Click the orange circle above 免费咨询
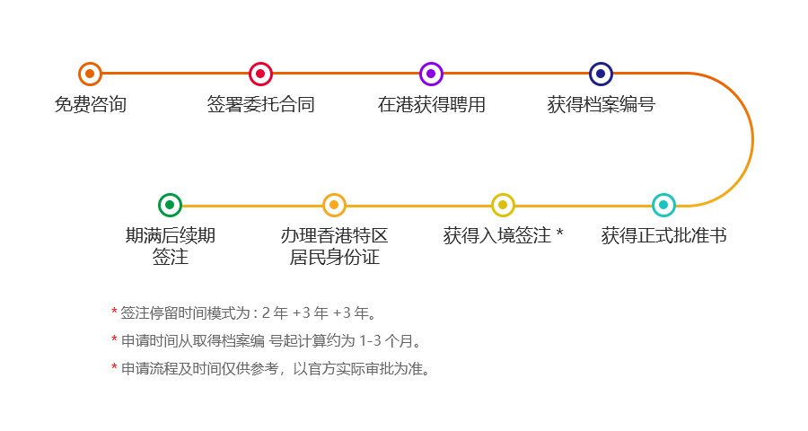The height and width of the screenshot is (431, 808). pos(90,74)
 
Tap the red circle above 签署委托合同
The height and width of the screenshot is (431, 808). pos(260,74)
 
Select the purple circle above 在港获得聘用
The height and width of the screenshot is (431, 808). pos(431,74)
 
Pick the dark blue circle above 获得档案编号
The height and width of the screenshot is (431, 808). pos(601,74)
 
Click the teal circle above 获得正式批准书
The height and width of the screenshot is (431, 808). pos(663,206)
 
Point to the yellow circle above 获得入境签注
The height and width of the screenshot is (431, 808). pos(503,206)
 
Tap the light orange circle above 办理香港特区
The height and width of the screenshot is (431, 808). pos(334,206)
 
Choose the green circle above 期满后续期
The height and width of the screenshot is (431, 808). pos(170,206)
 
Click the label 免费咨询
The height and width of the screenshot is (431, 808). pos(90,105)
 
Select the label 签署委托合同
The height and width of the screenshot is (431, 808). pos(260,105)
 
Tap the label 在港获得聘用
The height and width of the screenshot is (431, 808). pos(431,105)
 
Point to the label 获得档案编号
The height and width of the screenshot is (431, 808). pos(601,105)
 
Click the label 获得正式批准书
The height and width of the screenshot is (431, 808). pos(663,235)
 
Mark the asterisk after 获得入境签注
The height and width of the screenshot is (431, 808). pos(559,233)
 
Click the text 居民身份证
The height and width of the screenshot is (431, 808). pos(335,257)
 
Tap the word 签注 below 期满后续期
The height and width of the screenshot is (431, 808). pos(170,257)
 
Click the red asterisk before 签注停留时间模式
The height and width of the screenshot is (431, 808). pos(114,312)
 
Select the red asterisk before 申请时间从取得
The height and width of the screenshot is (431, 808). pos(114,339)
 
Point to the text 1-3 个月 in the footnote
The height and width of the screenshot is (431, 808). pos(386,341)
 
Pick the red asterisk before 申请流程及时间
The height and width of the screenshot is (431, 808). pos(114,367)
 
